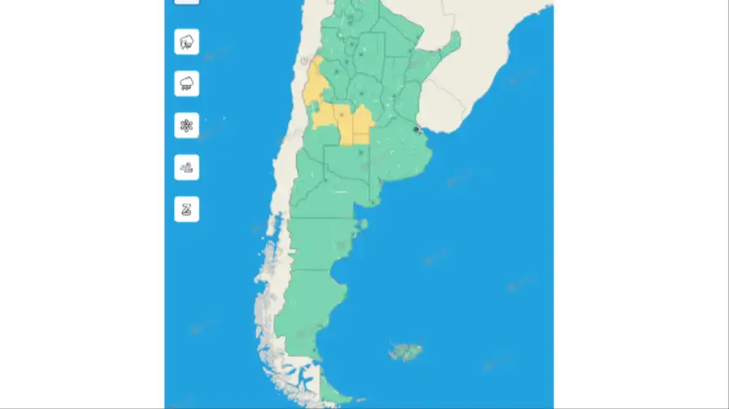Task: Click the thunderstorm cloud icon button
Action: (x=186, y=41)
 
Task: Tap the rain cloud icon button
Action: (x=186, y=83)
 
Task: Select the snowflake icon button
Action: (x=186, y=126)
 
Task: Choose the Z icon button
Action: (x=186, y=210)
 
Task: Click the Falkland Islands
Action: (x=404, y=351)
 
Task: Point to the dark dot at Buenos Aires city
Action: (x=416, y=129)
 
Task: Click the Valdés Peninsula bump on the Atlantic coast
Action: (x=364, y=224)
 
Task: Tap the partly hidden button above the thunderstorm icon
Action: (x=186, y=2)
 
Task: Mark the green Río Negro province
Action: (x=324, y=202)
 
